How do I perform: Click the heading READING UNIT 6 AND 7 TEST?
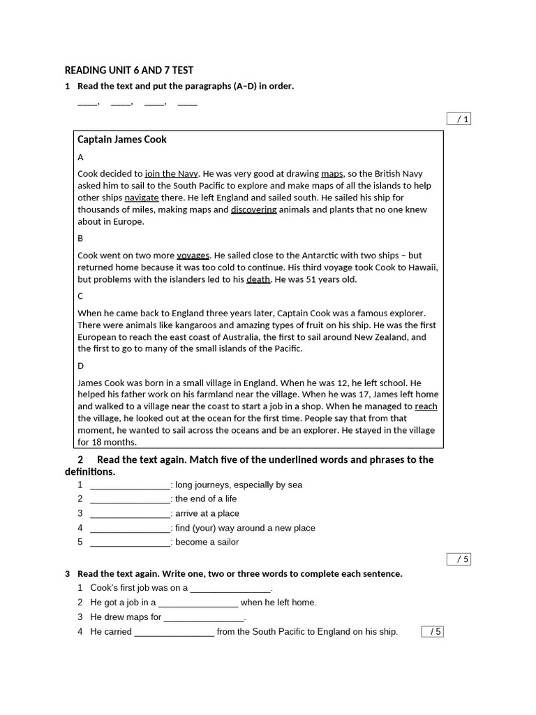129,70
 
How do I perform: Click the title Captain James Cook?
122,139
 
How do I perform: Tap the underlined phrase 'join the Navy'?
172,174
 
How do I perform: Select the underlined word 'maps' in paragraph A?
332,174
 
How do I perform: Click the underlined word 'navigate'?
142,198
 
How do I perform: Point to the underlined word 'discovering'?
254,209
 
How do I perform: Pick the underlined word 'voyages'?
193,256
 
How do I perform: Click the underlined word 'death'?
258,279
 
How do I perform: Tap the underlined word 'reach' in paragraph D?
426,406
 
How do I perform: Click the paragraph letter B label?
80,238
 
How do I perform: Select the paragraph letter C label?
80,296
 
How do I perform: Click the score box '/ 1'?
459,119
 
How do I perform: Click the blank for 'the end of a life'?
130,499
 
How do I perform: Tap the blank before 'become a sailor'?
130,543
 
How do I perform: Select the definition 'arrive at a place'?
207,513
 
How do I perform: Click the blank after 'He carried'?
174,632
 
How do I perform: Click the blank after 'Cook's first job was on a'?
230,588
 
